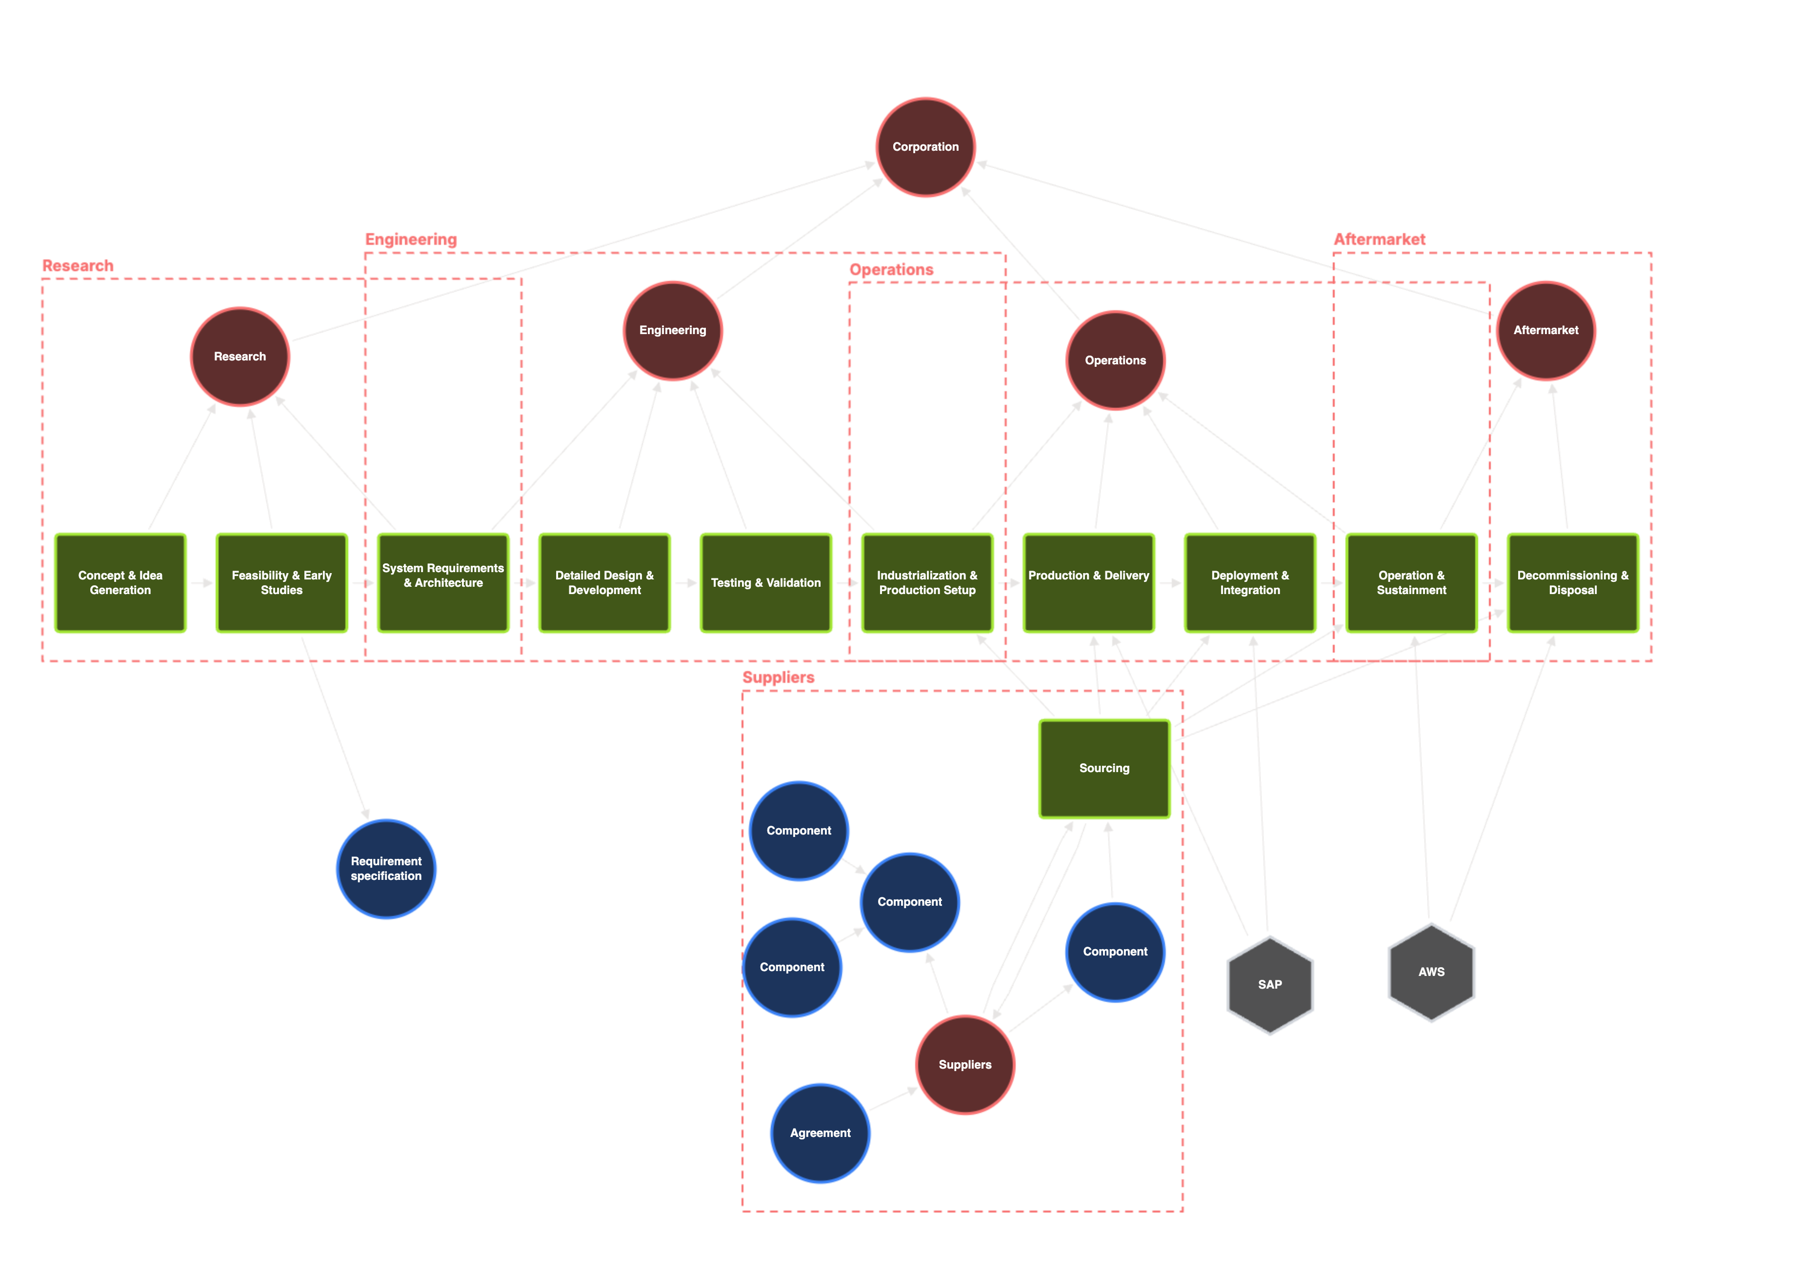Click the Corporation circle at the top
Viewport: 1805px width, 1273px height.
click(x=925, y=147)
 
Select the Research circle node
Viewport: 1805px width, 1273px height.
click(x=240, y=356)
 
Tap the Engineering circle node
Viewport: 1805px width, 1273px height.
click(x=672, y=330)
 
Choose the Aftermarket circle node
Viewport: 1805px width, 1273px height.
click(x=1545, y=330)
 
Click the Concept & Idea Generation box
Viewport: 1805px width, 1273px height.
click(x=120, y=583)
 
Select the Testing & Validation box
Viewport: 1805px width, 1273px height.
click(x=766, y=583)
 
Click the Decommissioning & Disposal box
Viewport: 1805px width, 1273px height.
click(x=1572, y=583)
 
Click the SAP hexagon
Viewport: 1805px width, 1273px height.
click(x=1270, y=985)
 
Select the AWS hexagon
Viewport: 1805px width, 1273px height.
click(x=1431, y=972)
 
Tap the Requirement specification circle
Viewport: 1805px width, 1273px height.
click(x=386, y=868)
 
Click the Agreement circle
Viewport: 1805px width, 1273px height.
click(x=820, y=1133)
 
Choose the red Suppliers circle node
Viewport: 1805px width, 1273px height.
click(x=964, y=1065)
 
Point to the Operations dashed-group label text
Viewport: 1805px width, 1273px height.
click(x=891, y=270)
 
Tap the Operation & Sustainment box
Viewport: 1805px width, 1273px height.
click(x=1411, y=583)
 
